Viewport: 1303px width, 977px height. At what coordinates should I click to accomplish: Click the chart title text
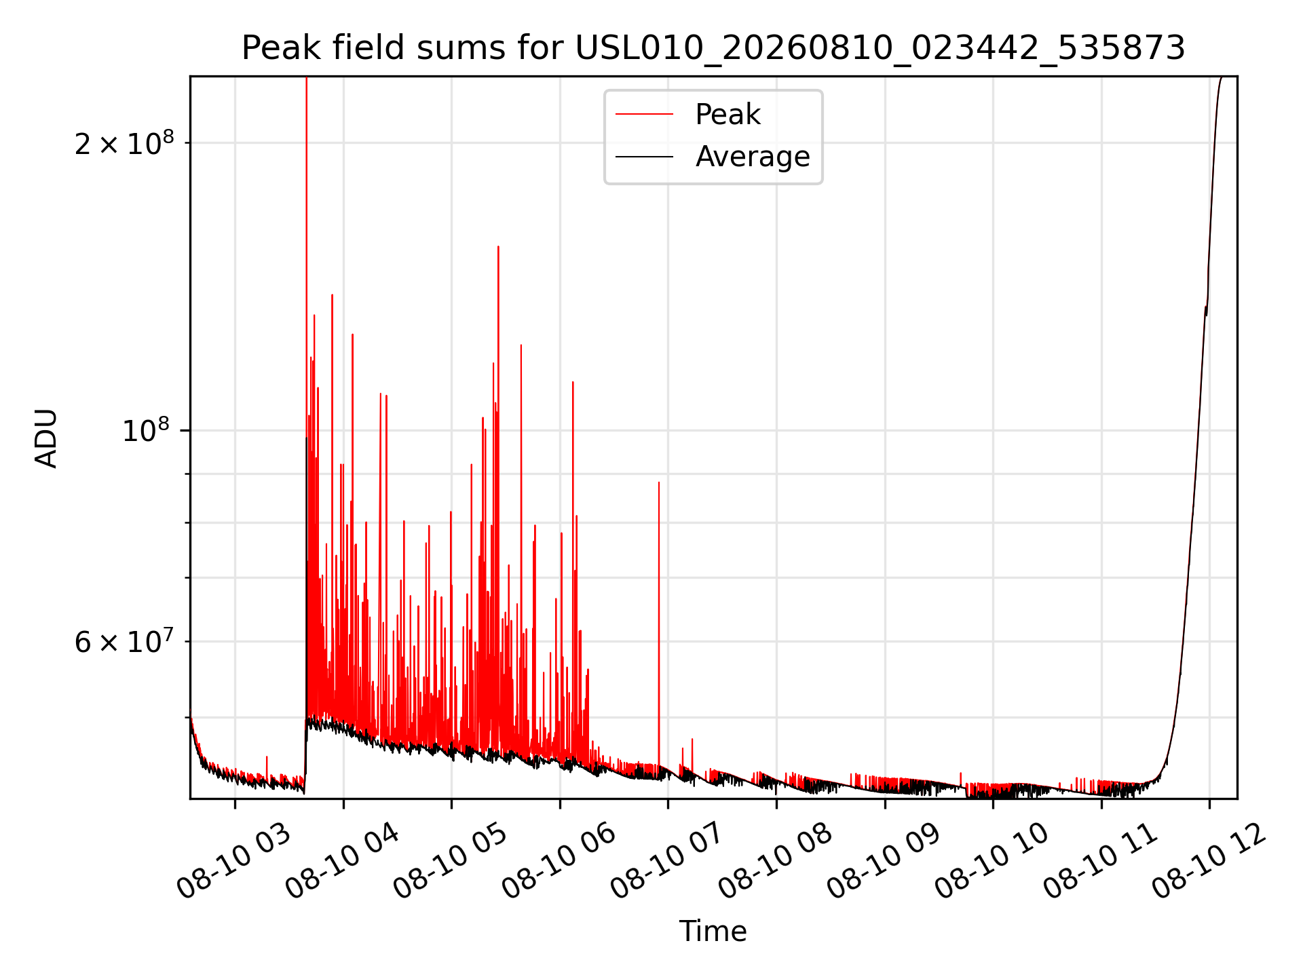713,48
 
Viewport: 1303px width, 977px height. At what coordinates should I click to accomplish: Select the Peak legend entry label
728,114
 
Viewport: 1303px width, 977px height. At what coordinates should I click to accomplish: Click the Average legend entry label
753,157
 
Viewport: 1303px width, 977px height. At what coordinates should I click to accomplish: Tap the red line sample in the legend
644,114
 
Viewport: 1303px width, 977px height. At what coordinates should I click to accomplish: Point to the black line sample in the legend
644,157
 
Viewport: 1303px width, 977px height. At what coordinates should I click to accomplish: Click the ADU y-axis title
46,438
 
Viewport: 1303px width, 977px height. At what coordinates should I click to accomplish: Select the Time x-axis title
713,932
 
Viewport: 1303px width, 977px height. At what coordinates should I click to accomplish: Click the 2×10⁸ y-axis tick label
124,143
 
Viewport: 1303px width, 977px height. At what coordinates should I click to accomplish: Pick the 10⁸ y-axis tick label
148,430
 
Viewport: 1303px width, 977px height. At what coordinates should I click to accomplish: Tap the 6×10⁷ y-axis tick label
124,641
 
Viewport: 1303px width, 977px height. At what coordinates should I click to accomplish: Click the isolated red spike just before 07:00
658,624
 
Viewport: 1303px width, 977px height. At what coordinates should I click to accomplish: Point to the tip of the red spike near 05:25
498,246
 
